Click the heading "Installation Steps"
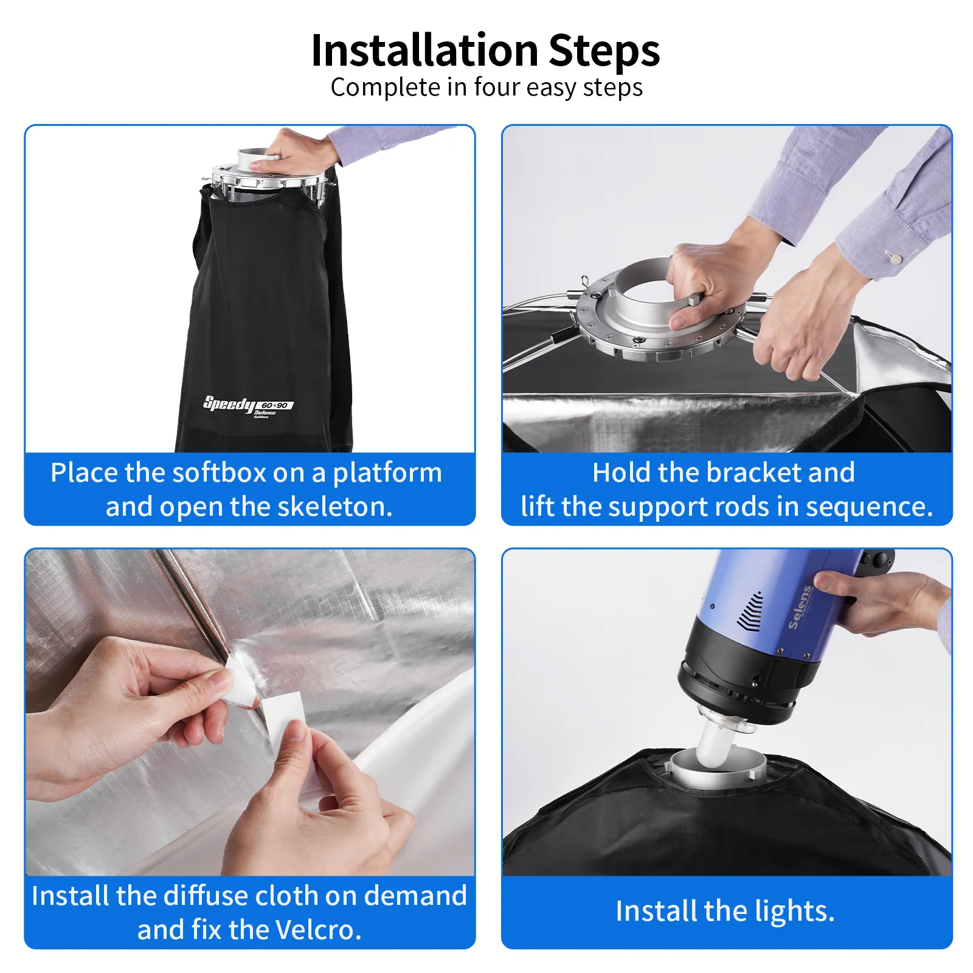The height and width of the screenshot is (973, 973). click(485, 50)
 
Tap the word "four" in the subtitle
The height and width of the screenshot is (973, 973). click(497, 87)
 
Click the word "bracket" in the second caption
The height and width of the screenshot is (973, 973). click(750, 473)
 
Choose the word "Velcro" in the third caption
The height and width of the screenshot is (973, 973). click(318, 929)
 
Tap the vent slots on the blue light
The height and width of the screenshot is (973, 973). click(749, 611)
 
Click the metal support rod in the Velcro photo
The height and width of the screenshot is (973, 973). click(192, 602)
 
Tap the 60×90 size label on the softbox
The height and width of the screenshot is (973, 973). click(275, 406)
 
